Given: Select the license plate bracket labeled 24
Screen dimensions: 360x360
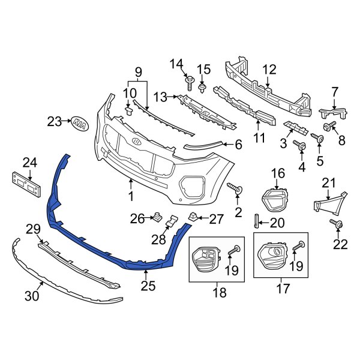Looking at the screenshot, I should pyautogui.click(x=28, y=182).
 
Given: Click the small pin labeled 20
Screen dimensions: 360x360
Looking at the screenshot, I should pyautogui.click(x=257, y=221).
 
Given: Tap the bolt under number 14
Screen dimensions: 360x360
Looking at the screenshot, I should pyautogui.click(x=190, y=80).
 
